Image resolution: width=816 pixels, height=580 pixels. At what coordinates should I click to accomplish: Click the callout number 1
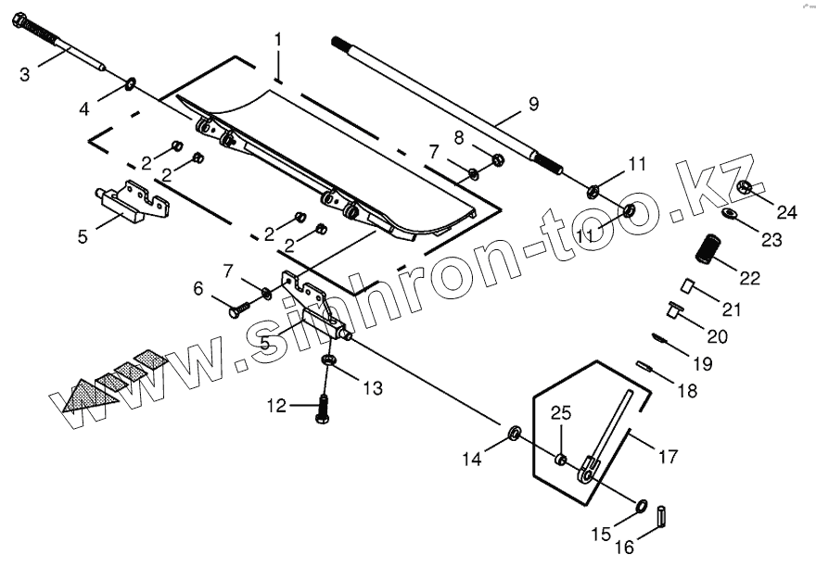[x=277, y=40]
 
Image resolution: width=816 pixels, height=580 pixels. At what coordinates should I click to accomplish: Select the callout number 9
[x=532, y=105]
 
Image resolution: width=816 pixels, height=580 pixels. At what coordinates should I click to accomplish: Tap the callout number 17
[x=668, y=456]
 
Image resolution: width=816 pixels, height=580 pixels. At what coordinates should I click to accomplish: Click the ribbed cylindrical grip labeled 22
[x=711, y=249]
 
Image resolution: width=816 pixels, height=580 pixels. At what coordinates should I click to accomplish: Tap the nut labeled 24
[x=744, y=190]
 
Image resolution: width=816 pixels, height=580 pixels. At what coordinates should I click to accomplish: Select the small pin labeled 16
[x=663, y=515]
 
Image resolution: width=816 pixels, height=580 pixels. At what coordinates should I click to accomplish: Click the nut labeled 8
[x=496, y=158]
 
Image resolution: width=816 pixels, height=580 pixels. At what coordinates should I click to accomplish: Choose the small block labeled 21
[x=689, y=284]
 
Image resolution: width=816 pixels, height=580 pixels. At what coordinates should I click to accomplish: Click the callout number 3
[x=26, y=72]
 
